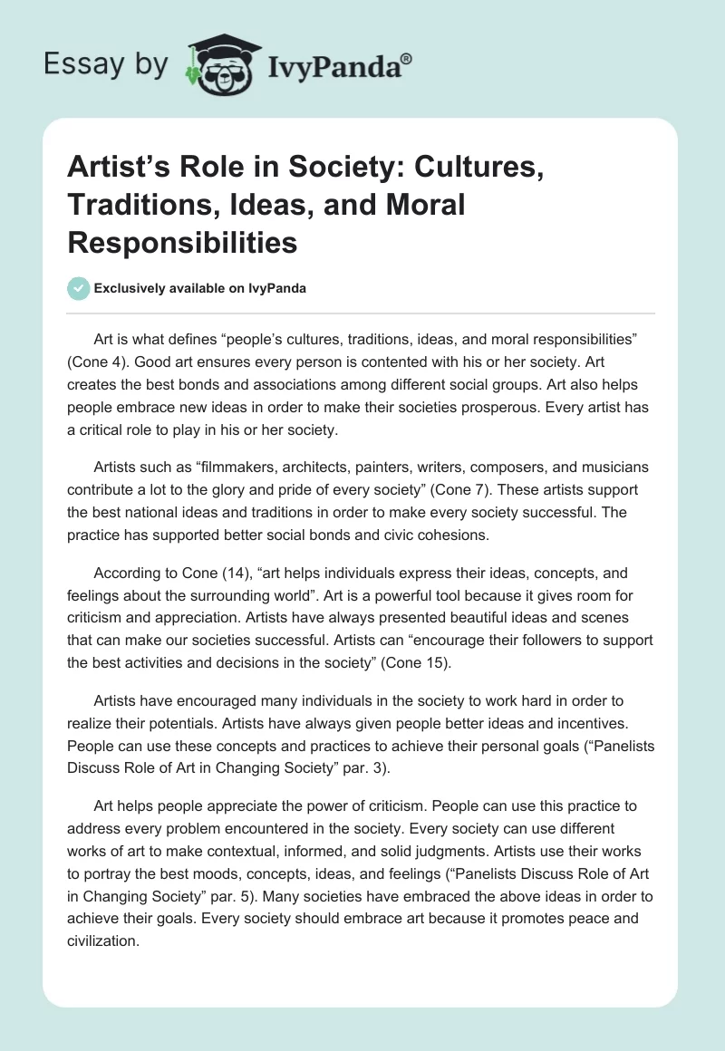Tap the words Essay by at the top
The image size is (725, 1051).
(106, 64)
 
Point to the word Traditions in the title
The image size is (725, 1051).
(132, 206)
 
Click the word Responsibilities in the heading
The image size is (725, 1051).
(182, 243)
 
